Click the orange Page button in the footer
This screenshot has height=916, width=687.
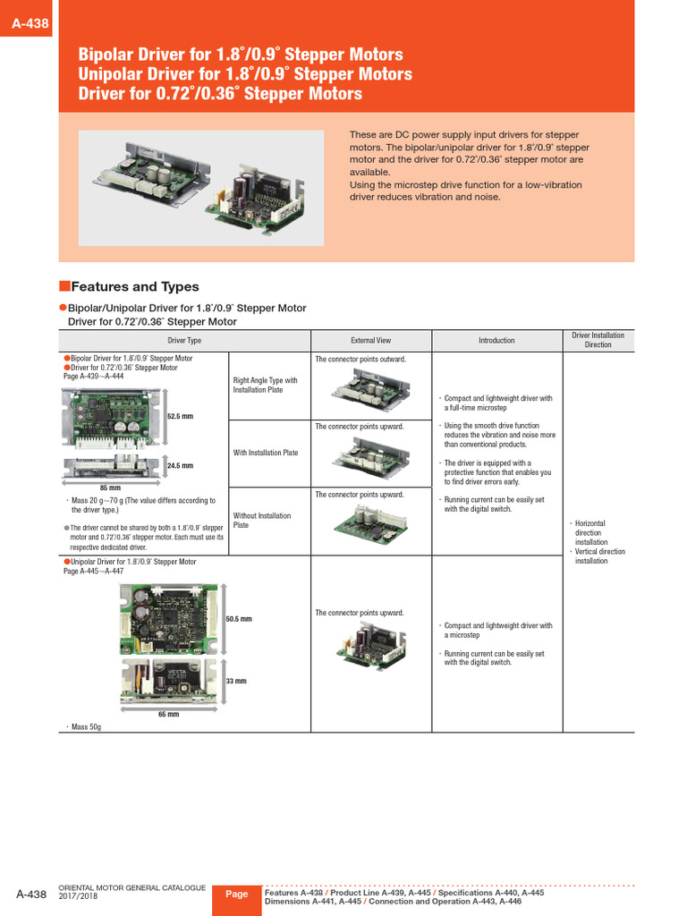pyautogui.click(x=237, y=895)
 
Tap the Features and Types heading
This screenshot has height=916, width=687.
pyautogui.click(x=134, y=287)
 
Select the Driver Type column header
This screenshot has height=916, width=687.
pyautogui.click(x=184, y=341)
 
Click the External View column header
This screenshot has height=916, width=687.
pyautogui.click(x=370, y=341)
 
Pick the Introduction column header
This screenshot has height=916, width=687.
pyautogui.click(x=496, y=341)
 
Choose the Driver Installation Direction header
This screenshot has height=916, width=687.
pyautogui.click(x=598, y=340)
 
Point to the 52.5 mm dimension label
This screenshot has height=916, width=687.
pyautogui.click(x=181, y=417)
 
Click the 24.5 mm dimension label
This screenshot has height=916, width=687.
pyautogui.click(x=181, y=466)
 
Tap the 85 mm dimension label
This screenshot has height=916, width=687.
pyautogui.click(x=109, y=488)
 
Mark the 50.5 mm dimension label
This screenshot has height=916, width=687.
pyautogui.click(x=239, y=619)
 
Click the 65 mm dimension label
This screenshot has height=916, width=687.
pyautogui.click(x=168, y=715)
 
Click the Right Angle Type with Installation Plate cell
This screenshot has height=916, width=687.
pyautogui.click(x=266, y=386)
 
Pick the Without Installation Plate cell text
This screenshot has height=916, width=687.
pyautogui.click(x=262, y=521)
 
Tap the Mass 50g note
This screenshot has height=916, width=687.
pyautogui.click(x=86, y=728)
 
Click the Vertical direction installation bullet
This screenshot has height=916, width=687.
pyautogui.click(x=599, y=556)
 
